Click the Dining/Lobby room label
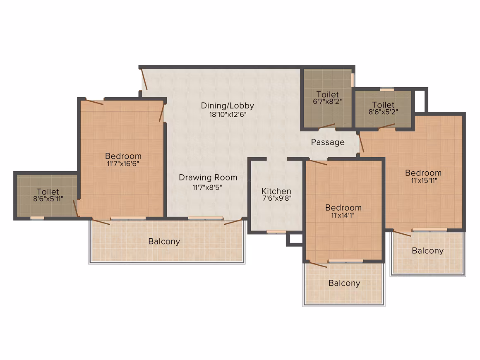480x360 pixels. pos(228,106)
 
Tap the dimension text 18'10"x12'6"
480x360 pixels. pos(228,115)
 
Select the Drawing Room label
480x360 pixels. pos(208,178)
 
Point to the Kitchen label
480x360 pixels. pos(276,191)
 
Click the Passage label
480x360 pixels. pos(328,142)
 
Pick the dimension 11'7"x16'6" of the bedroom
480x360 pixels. pos(123,164)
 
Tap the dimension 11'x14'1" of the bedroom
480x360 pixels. pos(343,215)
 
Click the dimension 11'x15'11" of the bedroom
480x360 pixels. pos(424,180)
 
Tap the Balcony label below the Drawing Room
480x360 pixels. pos(164,242)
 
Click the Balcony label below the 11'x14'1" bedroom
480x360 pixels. pos(344,283)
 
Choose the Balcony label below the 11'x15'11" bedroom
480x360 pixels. pos(427,251)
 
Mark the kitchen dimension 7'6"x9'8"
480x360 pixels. pos(277,198)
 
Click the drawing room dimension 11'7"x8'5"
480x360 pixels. pos(207,187)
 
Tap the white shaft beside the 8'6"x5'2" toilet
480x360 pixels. pos(420,101)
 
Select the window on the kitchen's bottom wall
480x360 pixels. pos(276,232)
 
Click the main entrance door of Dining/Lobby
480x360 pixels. pos(144,79)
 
